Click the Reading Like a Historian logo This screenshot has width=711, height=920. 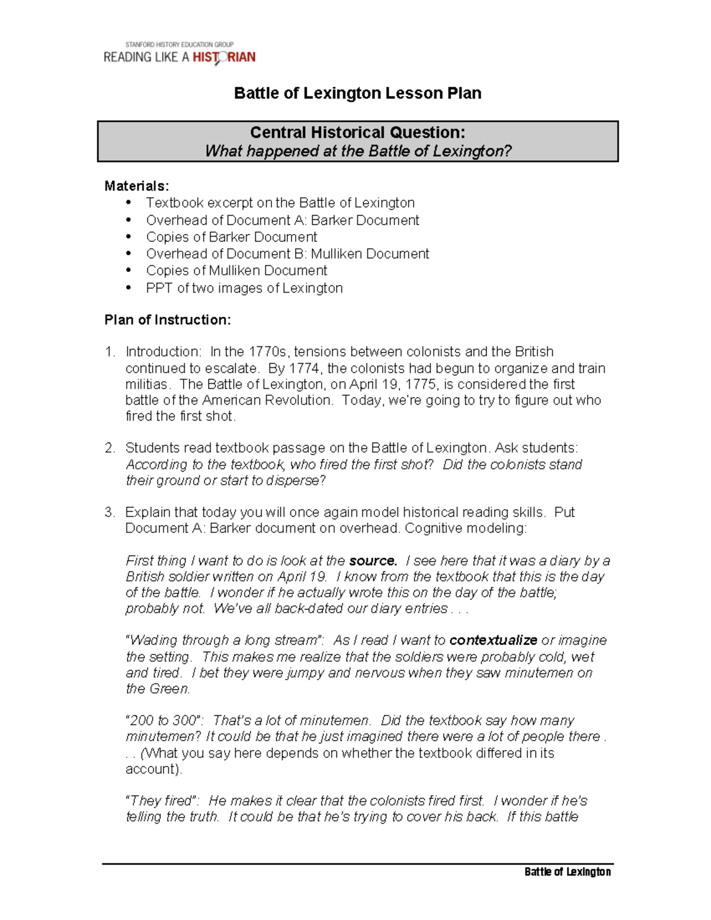[x=180, y=54]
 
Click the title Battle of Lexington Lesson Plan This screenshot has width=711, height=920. [x=357, y=93]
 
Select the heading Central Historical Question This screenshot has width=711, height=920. [x=357, y=132]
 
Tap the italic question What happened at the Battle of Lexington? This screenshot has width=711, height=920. [x=357, y=151]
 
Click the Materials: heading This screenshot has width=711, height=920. [x=136, y=186]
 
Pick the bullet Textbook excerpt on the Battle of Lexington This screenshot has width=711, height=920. [x=280, y=203]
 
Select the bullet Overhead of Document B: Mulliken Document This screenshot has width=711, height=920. [x=287, y=254]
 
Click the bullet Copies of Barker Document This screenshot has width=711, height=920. [x=232, y=237]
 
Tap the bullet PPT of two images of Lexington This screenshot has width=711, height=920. [x=244, y=288]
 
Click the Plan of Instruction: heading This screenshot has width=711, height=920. [x=168, y=320]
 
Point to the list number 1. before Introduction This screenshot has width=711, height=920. [x=110, y=352]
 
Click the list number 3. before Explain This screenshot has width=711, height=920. [x=110, y=512]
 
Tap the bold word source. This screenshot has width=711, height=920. [x=373, y=560]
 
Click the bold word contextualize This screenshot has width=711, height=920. [x=493, y=640]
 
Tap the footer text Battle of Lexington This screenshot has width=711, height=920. [x=567, y=871]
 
